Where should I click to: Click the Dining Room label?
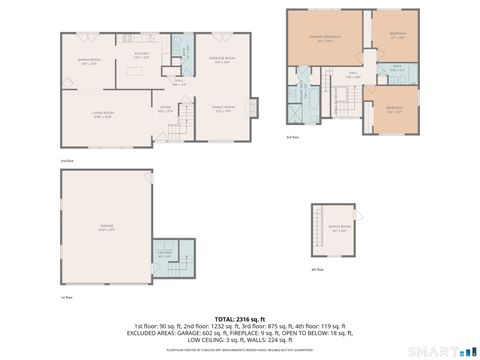coord(90,61)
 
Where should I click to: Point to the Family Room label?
coord(224,107)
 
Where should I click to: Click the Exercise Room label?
coord(224,60)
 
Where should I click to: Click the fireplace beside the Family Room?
coord(253,106)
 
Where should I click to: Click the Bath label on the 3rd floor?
coord(397,68)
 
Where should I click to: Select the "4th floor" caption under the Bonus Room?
coord(317,270)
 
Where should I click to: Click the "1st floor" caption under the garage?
coord(65,297)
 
